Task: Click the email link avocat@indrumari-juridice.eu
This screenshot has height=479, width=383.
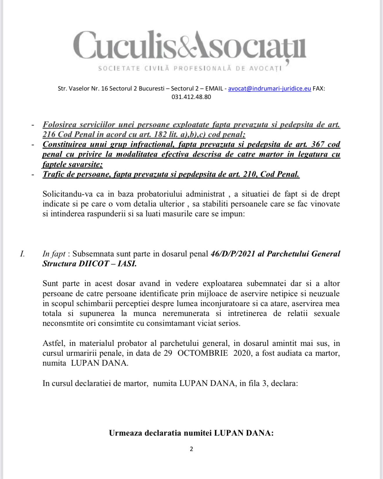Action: click(270, 89)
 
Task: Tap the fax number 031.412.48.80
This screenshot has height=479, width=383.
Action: click(191, 97)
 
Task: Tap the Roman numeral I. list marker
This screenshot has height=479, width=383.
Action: click(22, 254)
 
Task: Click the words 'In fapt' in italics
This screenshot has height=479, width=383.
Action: click(54, 254)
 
